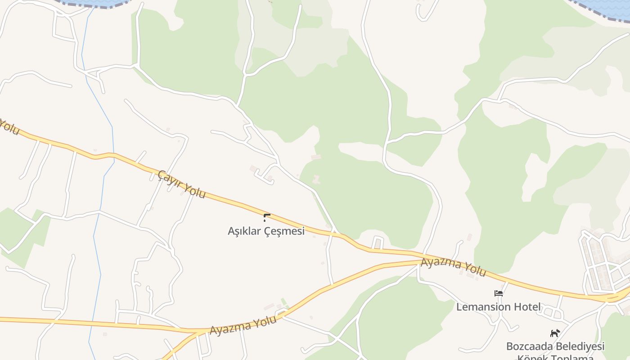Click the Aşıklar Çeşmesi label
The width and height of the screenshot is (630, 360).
(266, 231)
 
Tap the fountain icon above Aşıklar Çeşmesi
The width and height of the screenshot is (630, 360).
(266, 218)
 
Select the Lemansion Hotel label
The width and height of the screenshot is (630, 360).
(498, 307)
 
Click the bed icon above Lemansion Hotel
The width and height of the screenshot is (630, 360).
(498, 293)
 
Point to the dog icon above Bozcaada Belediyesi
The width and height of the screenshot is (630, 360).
(555, 333)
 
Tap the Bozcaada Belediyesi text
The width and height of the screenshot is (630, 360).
(555, 346)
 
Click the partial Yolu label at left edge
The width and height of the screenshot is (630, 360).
(9, 126)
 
